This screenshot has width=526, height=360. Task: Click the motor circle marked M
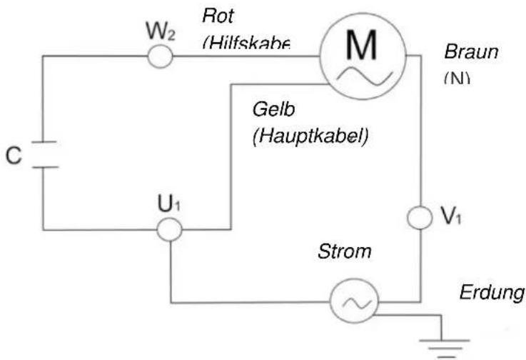362,56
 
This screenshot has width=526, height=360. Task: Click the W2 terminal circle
160,56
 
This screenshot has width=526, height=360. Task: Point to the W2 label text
159,32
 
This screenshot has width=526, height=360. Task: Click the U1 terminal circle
169,230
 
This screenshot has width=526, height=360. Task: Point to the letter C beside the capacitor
13,156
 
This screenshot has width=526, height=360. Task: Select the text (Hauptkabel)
310,136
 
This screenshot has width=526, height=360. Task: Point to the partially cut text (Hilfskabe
246,44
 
